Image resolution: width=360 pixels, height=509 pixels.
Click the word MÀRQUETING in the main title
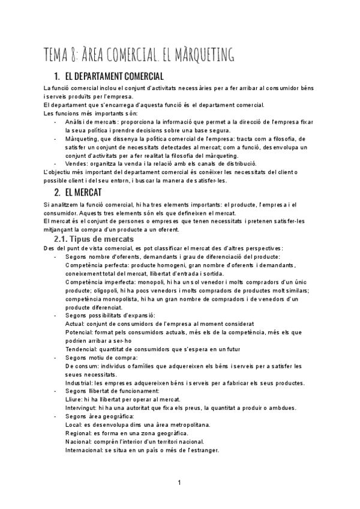coord(200,55)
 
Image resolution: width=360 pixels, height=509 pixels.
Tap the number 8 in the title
coord(80,55)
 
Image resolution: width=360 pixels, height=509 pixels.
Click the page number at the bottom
coord(179,483)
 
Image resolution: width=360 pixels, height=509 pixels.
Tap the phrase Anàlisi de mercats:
coord(90,122)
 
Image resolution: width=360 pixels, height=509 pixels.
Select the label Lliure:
coord(74,400)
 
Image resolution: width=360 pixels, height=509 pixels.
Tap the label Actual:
coord(75,324)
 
